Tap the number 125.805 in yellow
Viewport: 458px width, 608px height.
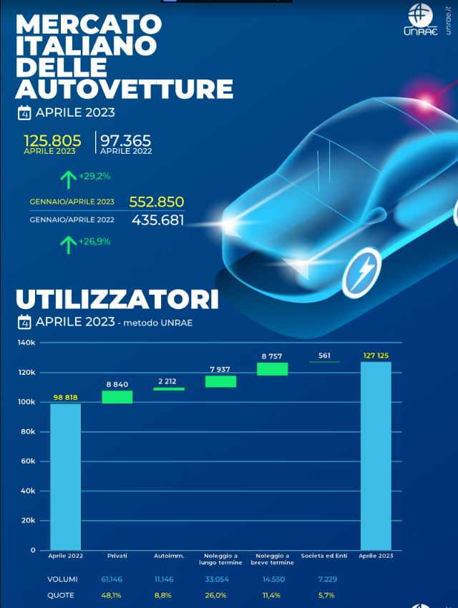(52, 140)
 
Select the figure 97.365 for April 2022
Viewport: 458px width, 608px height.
(126, 140)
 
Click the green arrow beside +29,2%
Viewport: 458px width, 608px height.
(68, 177)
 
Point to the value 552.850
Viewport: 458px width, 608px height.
(157, 202)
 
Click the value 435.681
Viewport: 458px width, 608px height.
(157, 220)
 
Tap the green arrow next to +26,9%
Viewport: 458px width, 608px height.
(68, 244)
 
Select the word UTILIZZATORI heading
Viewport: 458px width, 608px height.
(117, 299)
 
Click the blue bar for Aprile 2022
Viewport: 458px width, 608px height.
(65, 476)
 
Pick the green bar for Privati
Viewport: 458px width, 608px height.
(117, 397)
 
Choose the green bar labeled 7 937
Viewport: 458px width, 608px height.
(220, 381)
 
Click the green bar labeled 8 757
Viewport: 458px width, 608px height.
(272, 368)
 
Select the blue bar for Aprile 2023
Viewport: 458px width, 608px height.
(376, 456)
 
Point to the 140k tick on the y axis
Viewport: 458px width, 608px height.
(27, 343)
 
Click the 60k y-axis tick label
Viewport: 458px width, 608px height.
(29, 461)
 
